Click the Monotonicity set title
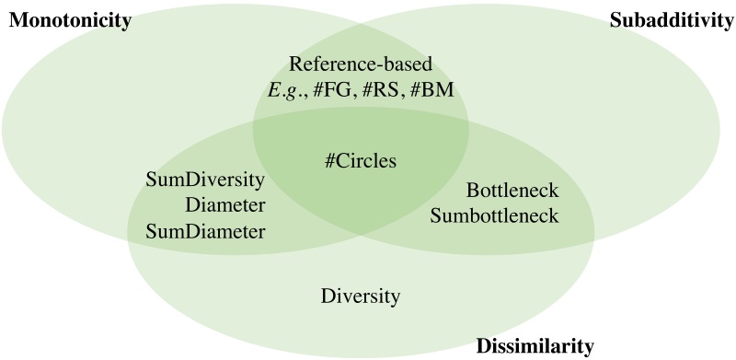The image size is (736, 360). tap(67, 20)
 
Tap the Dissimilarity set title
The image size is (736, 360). tap(535, 346)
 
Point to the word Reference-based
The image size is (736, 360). tap(360, 64)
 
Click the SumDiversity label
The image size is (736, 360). tap(206, 178)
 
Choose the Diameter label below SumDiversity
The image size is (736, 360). tap(224, 203)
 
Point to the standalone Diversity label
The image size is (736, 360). tap(362, 296)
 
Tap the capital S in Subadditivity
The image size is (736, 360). tap(615, 20)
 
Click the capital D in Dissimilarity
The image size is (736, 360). tap(482, 346)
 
